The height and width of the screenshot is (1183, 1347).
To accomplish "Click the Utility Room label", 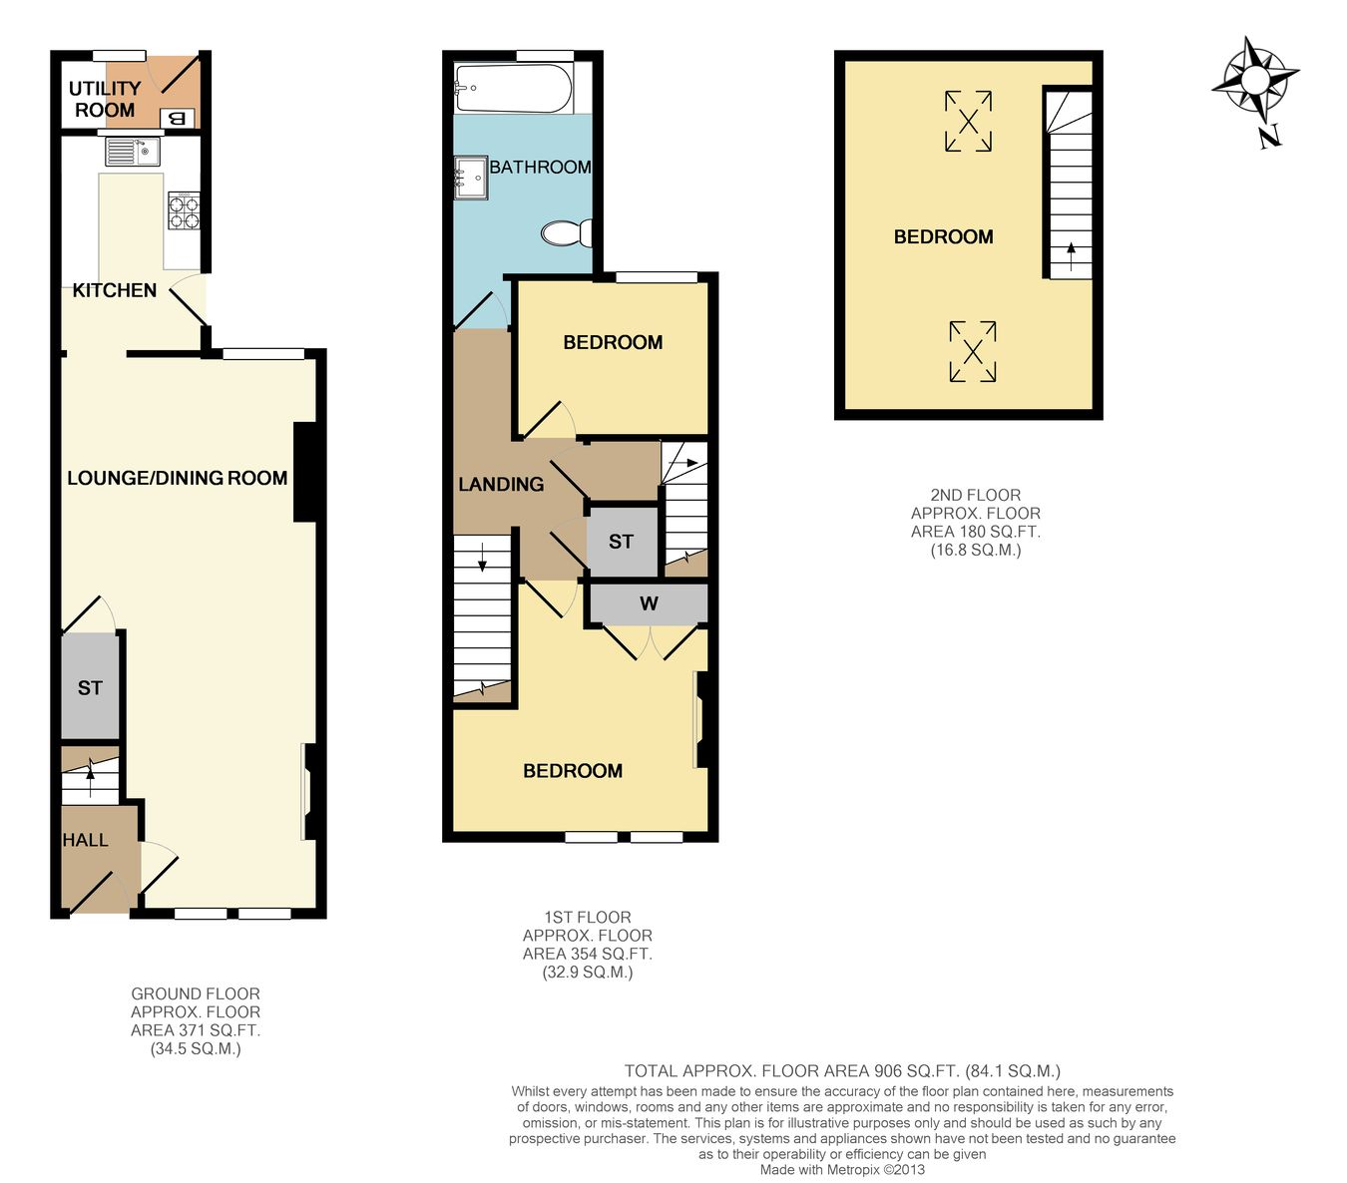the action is (x=105, y=99).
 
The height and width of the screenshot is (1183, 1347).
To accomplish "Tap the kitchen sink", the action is (x=133, y=152).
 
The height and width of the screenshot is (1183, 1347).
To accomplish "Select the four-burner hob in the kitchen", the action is (x=184, y=210).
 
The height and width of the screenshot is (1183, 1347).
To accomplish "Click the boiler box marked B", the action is (x=178, y=119).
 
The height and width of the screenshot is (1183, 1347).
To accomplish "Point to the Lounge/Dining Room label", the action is (x=178, y=478).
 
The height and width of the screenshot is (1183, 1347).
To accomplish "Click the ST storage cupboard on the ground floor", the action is (x=90, y=686).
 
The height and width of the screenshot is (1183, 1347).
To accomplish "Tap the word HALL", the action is (x=85, y=840).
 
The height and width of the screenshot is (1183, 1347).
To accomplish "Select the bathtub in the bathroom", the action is (x=513, y=88).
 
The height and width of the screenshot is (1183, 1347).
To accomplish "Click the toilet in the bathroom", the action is (x=567, y=233).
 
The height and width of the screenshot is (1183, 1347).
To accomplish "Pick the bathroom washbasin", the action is (x=471, y=178).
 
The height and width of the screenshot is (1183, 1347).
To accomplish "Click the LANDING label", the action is (x=501, y=484).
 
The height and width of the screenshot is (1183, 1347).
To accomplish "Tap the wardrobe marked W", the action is (x=649, y=603).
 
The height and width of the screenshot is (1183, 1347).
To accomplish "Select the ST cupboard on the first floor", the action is (x=622, y=542).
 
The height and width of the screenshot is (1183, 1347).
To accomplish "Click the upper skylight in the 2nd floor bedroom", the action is (x=968, y=121).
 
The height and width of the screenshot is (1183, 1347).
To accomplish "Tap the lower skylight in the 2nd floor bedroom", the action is (x=973, y=351).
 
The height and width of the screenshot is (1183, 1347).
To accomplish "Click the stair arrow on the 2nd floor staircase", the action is (x=1071, y=257).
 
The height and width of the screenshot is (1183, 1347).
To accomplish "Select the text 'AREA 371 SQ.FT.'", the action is (x=196, y=1030).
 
